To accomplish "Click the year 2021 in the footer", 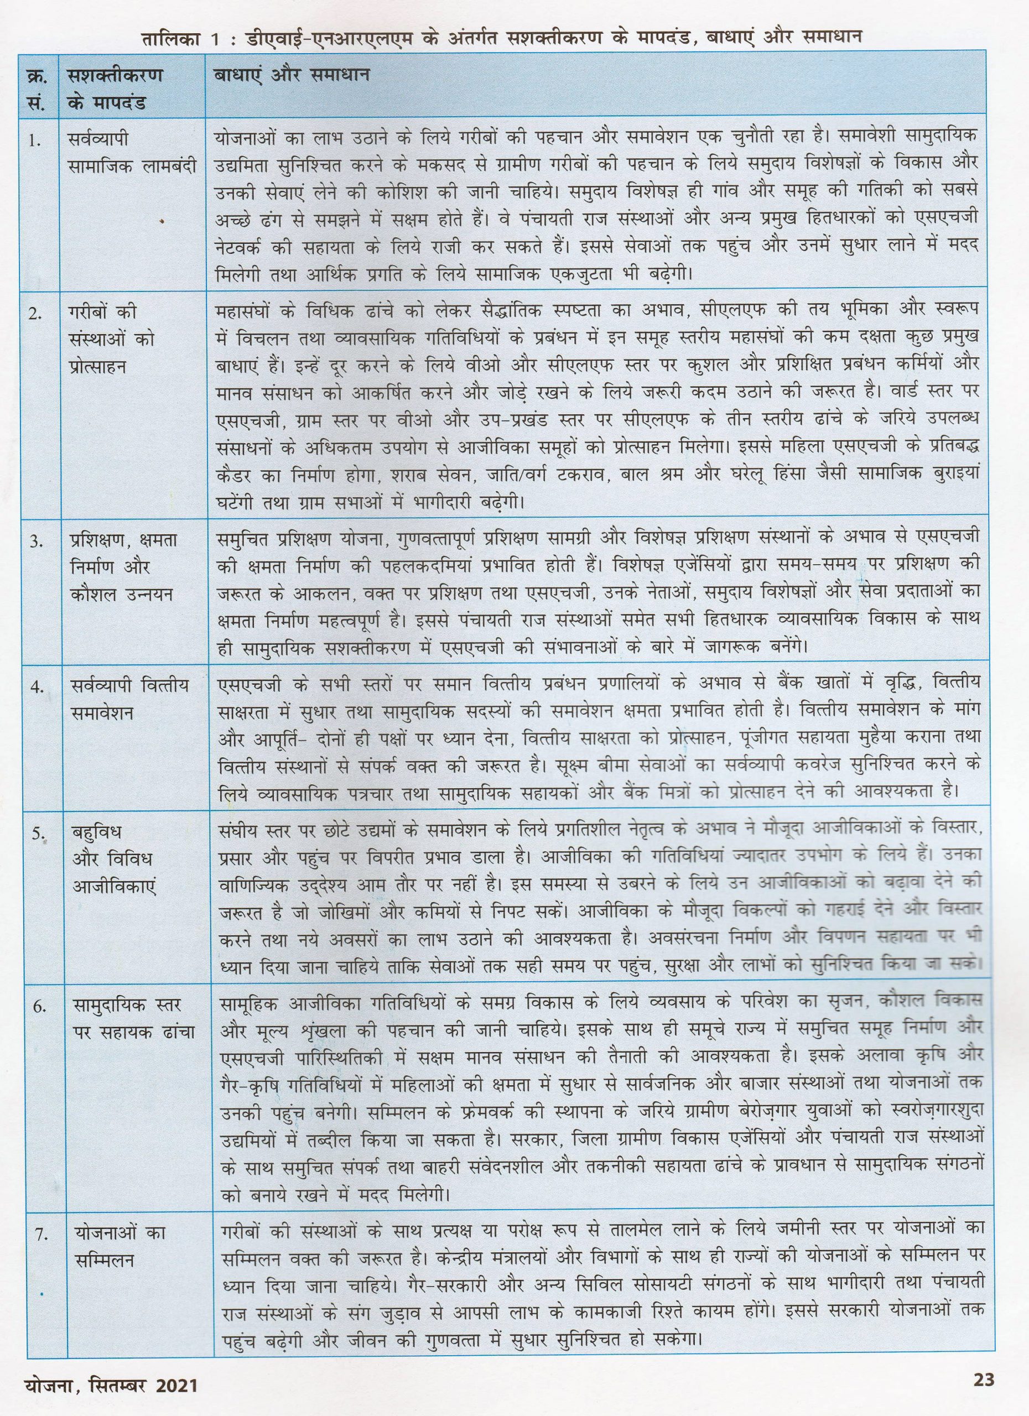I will pyautogui.click(x=176, y=1398).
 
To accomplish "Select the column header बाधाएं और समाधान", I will pyautogui.click(x=292, y=76).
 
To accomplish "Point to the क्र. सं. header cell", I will pyautogui.click(x=35, y=88).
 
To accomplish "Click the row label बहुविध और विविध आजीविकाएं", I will pyautogui.click(x=113, y=858).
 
